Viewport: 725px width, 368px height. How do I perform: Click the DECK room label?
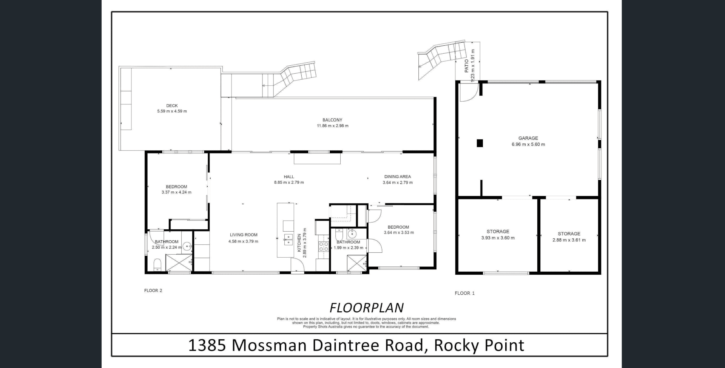pos(172,106)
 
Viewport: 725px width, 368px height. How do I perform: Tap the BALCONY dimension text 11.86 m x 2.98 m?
pos(332,126)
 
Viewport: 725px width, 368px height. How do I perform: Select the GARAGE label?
pos(528,138)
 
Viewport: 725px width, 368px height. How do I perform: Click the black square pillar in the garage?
pos(480,143)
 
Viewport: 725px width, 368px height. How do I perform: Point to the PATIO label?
pos(467,66)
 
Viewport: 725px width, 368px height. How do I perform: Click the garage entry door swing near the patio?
pos(469,93)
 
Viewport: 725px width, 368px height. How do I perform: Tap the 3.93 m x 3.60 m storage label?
pos(498,238)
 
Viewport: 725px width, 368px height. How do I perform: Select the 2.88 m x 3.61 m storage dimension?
pos(569,240)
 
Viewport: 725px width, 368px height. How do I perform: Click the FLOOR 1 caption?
pos(464,293)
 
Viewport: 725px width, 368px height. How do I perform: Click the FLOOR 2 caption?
pos(153,291)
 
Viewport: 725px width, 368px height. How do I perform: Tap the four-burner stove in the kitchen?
pos(324,247)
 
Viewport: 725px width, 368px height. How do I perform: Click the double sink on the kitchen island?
pos(288,240)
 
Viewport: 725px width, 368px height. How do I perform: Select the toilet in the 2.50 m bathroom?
pos(157,264)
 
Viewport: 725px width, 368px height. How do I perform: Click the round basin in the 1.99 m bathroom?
pos(352,233)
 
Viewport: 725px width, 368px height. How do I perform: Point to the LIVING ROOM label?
pos(244,235)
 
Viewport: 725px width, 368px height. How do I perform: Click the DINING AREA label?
pos(397,176)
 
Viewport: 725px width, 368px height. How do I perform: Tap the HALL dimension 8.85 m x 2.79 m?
pos(289,182)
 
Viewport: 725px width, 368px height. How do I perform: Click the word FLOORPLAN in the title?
pos(367,308)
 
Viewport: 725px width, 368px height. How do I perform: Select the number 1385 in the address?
pos(207,345)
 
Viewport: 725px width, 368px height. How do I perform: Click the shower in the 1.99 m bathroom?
pos(357,263)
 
